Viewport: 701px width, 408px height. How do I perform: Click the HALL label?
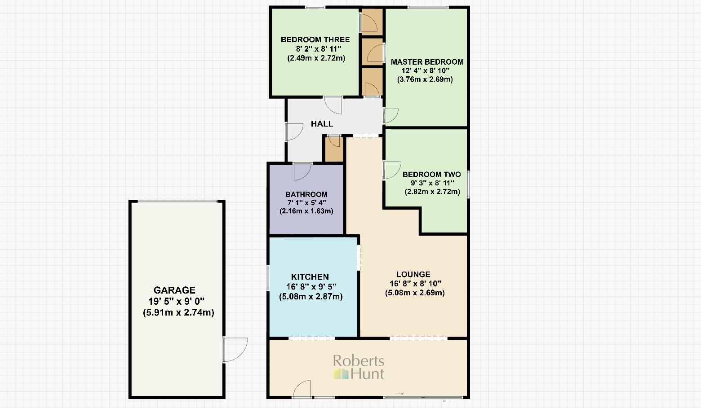point(322,124)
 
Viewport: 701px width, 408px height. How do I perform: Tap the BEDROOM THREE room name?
point(315,39)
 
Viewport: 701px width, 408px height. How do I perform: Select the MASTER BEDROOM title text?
point(427,62)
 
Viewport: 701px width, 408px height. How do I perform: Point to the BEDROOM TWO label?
point(431,174)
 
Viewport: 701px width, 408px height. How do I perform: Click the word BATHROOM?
point(306,194)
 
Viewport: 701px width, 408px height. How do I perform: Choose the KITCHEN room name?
point(310,277)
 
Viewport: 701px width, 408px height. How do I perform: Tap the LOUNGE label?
point(413,275)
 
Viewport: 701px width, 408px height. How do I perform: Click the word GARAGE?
point(174,290)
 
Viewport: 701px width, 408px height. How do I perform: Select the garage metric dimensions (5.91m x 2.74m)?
point(178,313)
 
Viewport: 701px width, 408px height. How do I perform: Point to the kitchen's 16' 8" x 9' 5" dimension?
point(311,287)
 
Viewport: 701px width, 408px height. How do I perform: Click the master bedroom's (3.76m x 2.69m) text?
point(425,79)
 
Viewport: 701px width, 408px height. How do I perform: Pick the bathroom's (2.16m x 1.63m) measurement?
point(306,211)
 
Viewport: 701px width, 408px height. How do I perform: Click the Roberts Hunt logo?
point(359,367)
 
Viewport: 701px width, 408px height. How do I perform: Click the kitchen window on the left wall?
point(268,278)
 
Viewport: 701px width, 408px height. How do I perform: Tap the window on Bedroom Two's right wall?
point(468,184)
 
